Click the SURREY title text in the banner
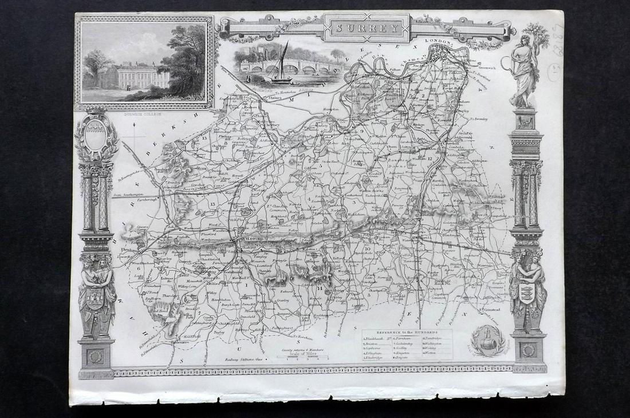[x=367, y=27]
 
